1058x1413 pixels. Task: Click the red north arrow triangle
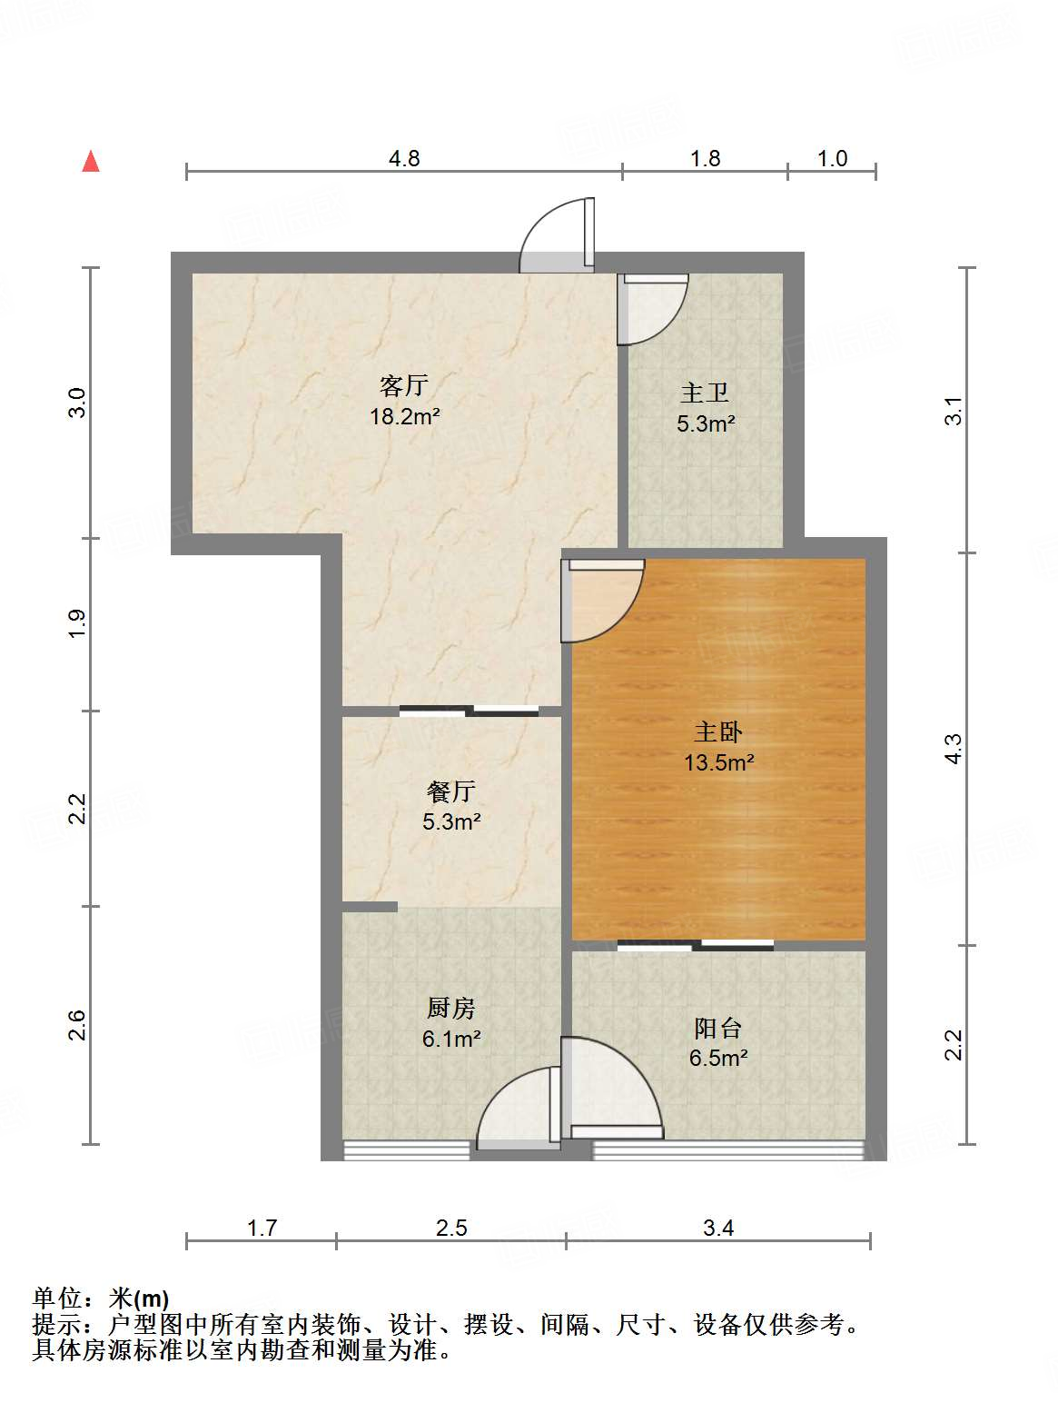pyautogui.click(x=91, y=162)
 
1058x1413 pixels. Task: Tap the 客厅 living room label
pyautogui.click(x=404, y=386)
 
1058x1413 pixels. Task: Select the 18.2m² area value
pyautogui.click(x=404, y=417)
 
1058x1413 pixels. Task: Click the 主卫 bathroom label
pyautogui.click(x=705, y=393)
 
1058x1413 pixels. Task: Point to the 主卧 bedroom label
pyautogui.click(x=718, y=731)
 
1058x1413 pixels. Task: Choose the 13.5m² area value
pyautogui.click(x=718, y=762)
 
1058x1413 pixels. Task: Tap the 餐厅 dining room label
pyautogui.click(x=451, y=791)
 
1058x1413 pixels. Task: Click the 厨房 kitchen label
pyautogui.click(x=451, y=1008)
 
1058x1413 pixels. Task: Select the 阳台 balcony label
pyautogui.click(x=718, y=1028)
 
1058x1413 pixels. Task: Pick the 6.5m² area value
pyautogui.click(x=718, y=1058)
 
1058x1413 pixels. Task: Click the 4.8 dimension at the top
pyautogui.click(x=404, y=159)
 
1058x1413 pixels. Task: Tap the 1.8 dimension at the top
pyautogui.click(x=705, y=159)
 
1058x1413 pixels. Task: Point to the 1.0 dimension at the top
pyautogui.click(x=832, y=159)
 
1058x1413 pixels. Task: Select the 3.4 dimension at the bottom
pyautogui.click(x=717, y=1229)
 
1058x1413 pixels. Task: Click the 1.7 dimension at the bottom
pyautogui.click(x=262, y=1229)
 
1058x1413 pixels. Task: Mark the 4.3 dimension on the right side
pyautogui.click(x=953, y=748)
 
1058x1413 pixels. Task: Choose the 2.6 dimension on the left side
pyautogui.click(x=78, y=1025)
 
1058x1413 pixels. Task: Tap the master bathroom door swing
pyautogui.click(x=652, y=309)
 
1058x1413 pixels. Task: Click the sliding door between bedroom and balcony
pyautogui.click(x=696, y=945)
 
